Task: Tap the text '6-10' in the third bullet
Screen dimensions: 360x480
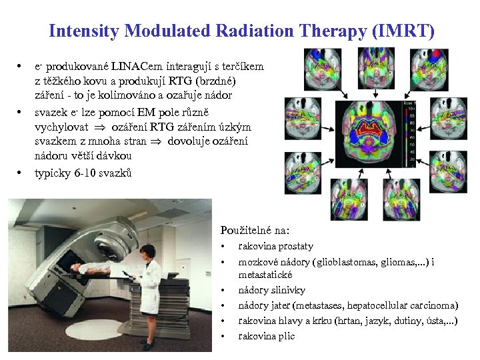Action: click(85, 173)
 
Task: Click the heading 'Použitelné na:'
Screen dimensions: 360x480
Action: click(255, 231)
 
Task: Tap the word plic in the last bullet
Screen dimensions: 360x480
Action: click(286, 335)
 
